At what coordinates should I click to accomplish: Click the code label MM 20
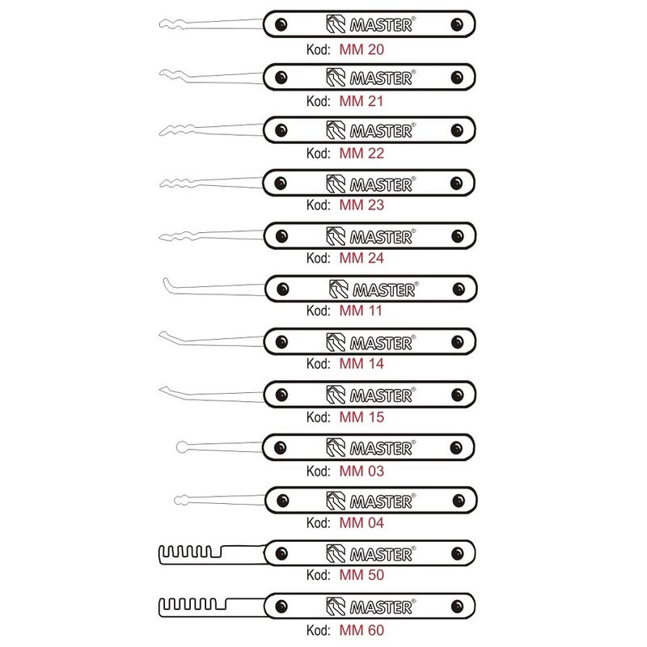362,49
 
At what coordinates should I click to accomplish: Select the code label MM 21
362,101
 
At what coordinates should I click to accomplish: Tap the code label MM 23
362,205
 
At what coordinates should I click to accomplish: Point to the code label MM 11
361,311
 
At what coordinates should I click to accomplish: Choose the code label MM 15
362,417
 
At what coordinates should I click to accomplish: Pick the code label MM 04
362,522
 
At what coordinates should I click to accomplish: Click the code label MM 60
362,630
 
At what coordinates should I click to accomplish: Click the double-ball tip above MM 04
181,500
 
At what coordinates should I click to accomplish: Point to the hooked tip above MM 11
167,285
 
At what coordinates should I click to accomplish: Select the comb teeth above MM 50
191,552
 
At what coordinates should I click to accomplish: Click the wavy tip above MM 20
171,24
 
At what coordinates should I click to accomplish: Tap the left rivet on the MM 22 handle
281,130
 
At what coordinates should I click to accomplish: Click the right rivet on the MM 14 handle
457,341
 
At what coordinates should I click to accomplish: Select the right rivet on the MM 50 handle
457,553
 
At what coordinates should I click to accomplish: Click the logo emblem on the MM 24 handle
336,236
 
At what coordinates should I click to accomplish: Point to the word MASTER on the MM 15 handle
381,395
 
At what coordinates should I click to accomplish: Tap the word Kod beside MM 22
318,154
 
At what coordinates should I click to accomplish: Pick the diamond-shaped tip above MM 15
168,390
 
